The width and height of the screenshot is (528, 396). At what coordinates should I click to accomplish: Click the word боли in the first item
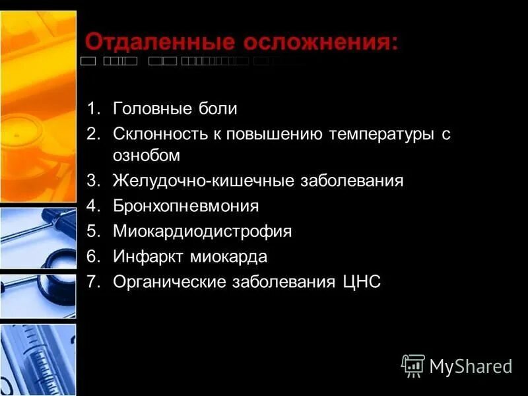216,109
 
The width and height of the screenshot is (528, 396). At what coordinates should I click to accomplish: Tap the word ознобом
146,156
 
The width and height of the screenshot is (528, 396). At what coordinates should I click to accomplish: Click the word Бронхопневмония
185,206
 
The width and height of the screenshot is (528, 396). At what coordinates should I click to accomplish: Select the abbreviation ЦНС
362,282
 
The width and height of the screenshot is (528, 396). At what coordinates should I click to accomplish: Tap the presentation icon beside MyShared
412,365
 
